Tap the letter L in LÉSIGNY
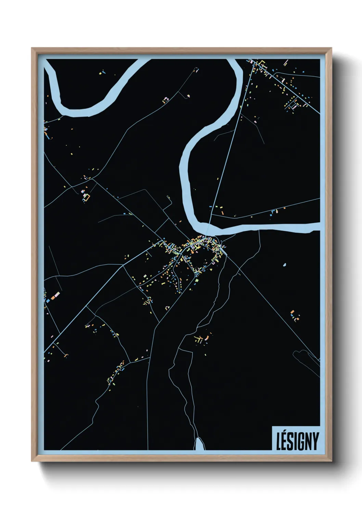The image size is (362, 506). [279, 441]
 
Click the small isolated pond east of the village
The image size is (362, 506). [284, 265]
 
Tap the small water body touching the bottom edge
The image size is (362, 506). [199, 444]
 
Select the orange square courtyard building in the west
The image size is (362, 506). [87, 197]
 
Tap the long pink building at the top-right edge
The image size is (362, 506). [285, 63]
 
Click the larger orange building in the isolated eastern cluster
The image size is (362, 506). [292, 312]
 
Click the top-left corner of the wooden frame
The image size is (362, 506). [32, 48]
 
